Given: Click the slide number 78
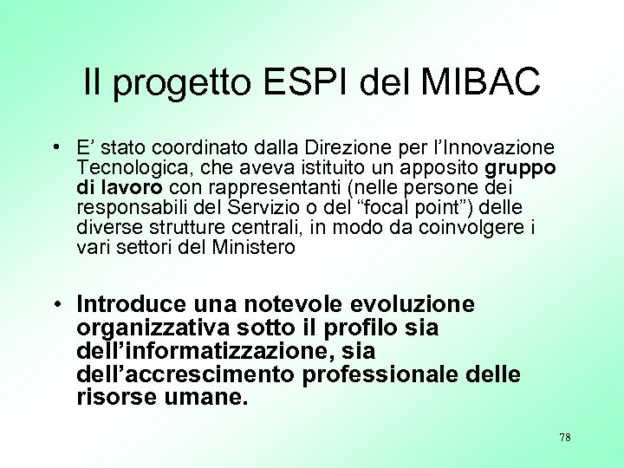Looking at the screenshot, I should coord(564,438).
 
